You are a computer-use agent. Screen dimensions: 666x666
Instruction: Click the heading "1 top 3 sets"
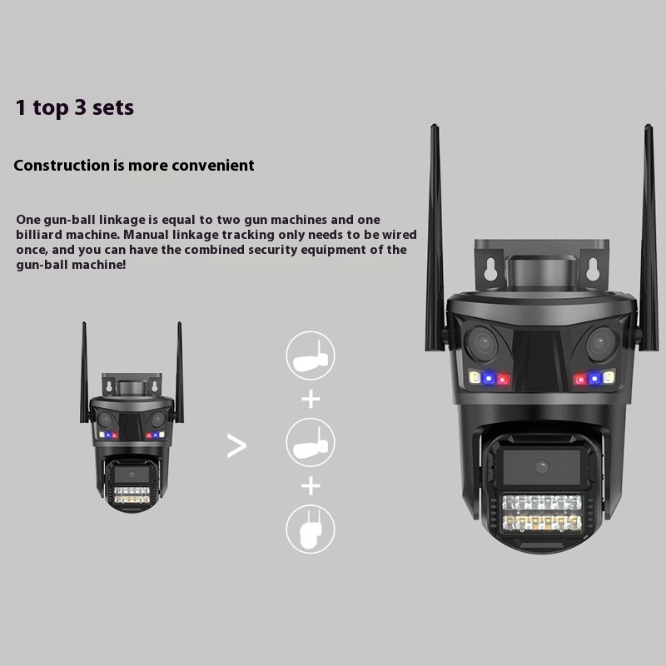click(x=75, y=107)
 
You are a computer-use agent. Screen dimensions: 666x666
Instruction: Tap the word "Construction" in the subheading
click(x=62, y=165)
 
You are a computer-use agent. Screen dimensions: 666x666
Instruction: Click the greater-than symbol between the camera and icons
click(x=236, y=445)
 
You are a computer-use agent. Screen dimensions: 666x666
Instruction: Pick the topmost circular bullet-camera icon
click(x=311, y=355)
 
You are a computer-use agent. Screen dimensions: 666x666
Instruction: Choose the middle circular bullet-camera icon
click(x=311, y=443)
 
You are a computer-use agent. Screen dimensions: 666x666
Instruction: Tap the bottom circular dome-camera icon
click(x=311, y=529)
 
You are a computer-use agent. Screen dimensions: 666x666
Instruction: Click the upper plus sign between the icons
click(x=311, y=400)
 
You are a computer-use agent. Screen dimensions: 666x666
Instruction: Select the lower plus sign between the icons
click(x=311, y=486)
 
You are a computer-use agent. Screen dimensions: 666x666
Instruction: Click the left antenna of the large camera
click(x=435, y=238)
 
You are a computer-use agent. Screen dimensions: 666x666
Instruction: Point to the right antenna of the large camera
click(x=649, y=238)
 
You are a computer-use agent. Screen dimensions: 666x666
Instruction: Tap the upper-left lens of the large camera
click(x=483, y=343)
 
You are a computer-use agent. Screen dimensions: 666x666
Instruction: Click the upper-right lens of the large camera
click(x=601, y=343)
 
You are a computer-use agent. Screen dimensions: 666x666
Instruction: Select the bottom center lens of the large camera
click(x=542, y=467)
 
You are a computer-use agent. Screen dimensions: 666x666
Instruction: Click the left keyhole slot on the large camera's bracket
click(x=490, y=269)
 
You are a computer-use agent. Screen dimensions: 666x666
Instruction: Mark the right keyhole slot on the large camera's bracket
click(x=594, y=269)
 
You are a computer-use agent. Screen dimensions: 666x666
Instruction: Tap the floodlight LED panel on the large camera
click(x=542, y=514)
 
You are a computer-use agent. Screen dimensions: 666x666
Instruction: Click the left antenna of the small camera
click(x=85, y=372)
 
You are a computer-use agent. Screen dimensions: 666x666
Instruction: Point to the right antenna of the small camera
click(x=180, y=372)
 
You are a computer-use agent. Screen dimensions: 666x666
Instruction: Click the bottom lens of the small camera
click(x=132, y=475)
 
